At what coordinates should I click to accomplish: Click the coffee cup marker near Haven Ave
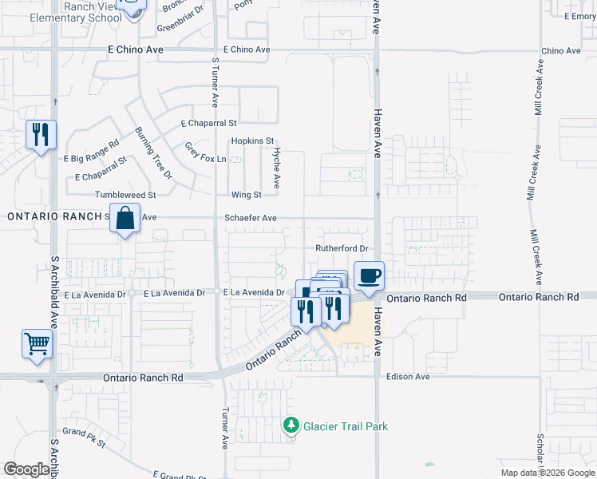click(368, 277)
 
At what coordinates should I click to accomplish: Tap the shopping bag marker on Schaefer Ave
click(125, 218)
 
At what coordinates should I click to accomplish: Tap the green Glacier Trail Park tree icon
click(292, 426)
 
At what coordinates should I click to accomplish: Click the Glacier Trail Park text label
click(346, 426)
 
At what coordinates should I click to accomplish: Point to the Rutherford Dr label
click(341, 248)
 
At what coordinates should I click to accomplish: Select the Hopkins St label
click(252, 141)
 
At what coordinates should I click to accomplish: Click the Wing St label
click(246, 195)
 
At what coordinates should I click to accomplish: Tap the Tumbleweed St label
click(125, 195)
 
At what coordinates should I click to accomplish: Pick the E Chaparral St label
click(209, 124)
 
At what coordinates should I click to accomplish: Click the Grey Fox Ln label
click(205, 152)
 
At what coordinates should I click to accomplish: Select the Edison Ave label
click(408, 377)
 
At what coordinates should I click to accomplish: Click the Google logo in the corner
click(26, 469)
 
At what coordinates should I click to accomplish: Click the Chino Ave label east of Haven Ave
click(561, 50)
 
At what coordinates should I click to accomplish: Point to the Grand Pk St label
click(85, 437)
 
